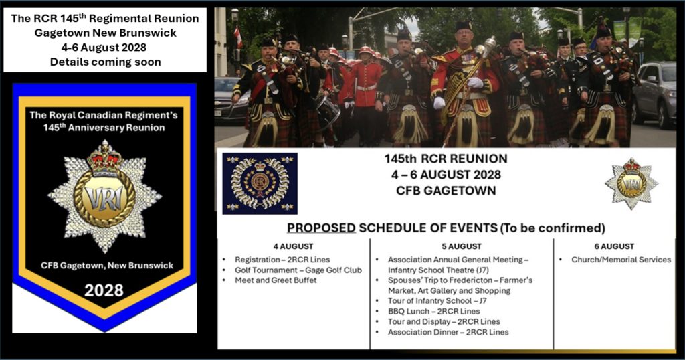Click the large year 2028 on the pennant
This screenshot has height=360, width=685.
point(104,290)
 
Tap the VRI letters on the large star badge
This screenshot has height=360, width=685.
point(104,198)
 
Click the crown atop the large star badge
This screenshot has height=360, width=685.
point(104,158)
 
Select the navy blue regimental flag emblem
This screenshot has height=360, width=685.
point(260,183)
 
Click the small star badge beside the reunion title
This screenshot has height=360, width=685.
point(631,183)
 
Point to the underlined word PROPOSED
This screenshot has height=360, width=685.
point(321,228)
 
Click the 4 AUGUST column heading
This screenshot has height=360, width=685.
point(293,246)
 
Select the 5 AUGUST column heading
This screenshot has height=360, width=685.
point(462,246)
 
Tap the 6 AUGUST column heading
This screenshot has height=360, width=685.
point(614,246)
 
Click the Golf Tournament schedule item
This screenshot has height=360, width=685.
point(298,270)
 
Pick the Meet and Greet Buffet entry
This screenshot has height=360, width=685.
point(276,280)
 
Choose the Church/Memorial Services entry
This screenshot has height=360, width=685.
point(621,260)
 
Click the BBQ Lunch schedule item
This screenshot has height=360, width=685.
point(433,312)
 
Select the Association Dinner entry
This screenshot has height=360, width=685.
point(448,332)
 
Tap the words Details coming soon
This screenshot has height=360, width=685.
point(105,62)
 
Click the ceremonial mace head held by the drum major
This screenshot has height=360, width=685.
point(490,45)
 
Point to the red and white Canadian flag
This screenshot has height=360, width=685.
point(238,37)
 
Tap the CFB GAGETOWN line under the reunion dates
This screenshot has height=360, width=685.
point(446,191)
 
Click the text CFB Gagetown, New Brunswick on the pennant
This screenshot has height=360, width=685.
point(107,266)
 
